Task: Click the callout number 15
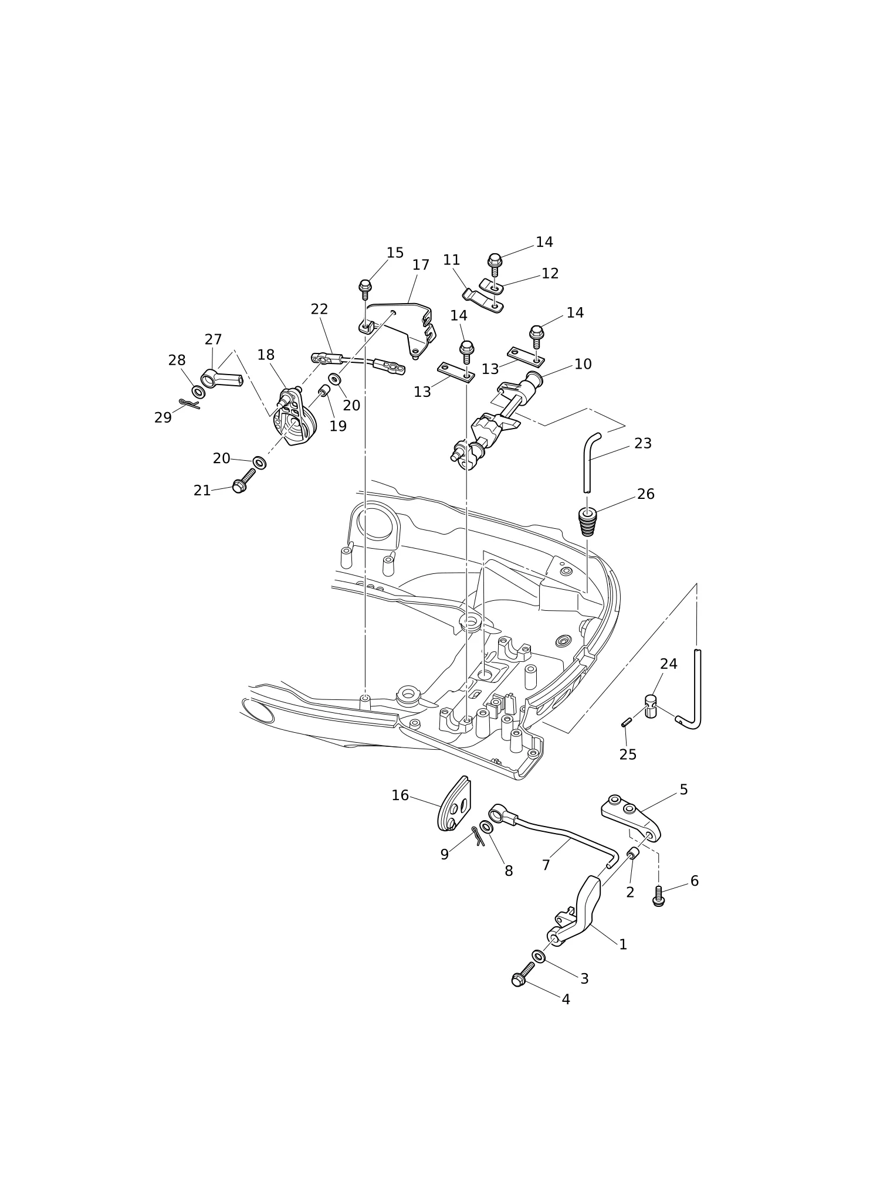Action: tap(395, 253)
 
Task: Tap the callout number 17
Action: tap(421, 265)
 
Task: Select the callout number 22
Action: tap(319, 309)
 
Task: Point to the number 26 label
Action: tap(645, 494)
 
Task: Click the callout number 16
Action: tap(400, 796)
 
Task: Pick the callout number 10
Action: tap(583, 364)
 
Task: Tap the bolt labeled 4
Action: tap(523, 974)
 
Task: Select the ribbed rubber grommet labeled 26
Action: tap(587, 522)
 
